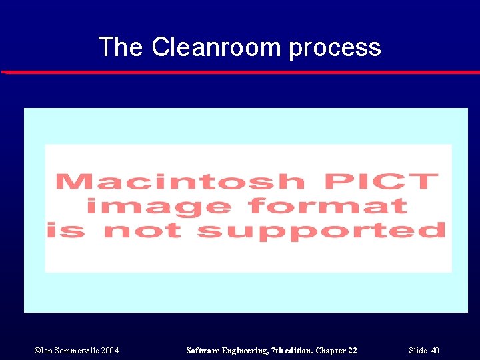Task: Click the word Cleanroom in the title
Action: point(217,47)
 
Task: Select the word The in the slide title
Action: point(121,47)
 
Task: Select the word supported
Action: point(321,231)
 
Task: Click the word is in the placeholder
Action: point(66,230)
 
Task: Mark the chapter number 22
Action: point(353,351)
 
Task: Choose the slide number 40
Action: point(435,351)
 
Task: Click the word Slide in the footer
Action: point(417,351)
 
